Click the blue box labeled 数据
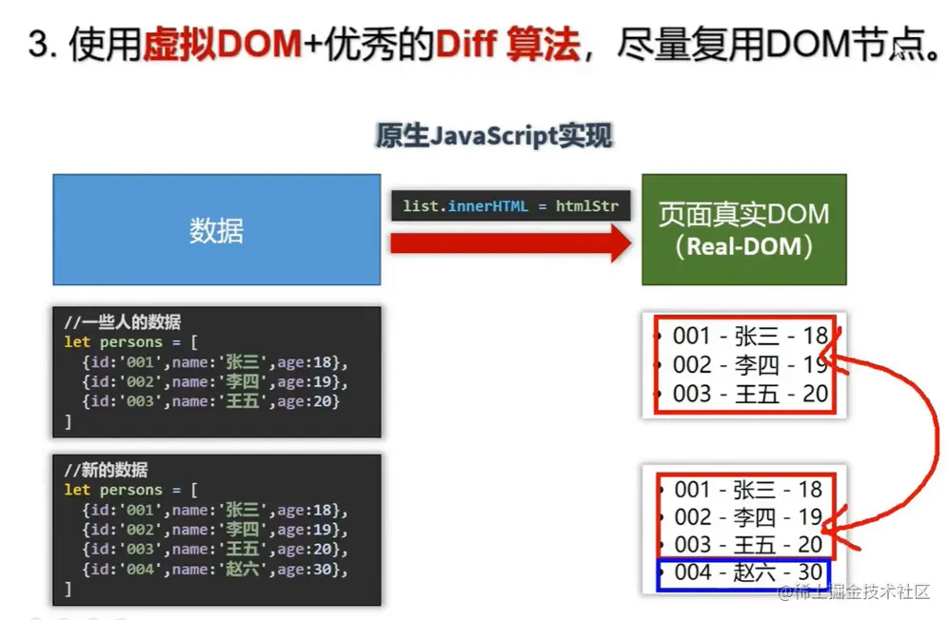pos(217,230)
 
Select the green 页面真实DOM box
pos(743,230)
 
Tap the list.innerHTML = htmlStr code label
pos(511,206)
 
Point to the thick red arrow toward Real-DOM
pos(511,243)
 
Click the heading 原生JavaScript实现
pos(494,135)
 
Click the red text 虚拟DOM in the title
pos(222,44)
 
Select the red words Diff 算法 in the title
pos(507,44)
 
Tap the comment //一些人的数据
pos(123,321)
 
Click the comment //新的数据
pos(107,470)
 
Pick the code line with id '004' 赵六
pos(215,570)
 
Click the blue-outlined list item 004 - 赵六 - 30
pos(743,573)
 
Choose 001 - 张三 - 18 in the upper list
pos(750,336)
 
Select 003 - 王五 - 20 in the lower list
pos(748,544)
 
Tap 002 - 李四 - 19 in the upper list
pos(750,365)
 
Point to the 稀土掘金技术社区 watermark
pos(854,591)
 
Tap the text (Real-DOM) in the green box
pos(743,246)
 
